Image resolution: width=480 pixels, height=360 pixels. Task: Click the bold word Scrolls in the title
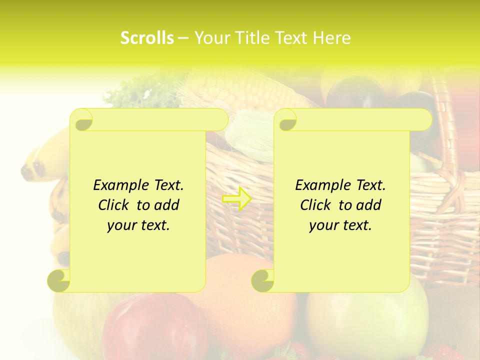pyautogui.click(x=147, y=38)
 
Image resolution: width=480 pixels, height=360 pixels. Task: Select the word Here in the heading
pyautogui.click(x=332, y=38)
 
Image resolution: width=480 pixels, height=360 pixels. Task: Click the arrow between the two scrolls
pyautogui.click(x=236, y=199)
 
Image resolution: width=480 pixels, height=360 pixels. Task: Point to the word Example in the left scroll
pyautogui.click(x=119, y=185)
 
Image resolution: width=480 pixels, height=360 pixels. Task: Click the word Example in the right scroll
pyautogui.click(x=321, y=185)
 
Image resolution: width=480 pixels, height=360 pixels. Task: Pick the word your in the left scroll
pyautogui.click(x=121, y=225)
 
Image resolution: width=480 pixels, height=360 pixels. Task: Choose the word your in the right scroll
pyautogui.click(x=323, y=225)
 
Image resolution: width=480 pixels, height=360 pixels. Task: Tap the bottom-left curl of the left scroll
pyautogui.click(x=59, y=280)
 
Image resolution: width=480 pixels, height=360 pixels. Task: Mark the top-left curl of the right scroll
pyautogui.click(x=286, y=120)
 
